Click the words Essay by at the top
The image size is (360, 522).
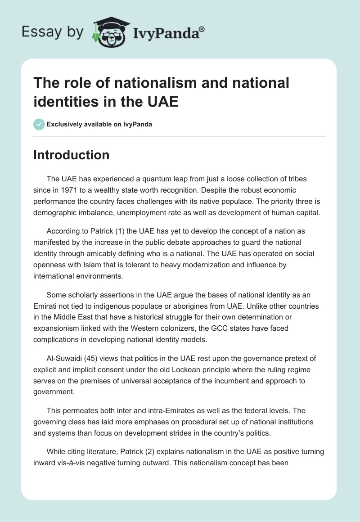(53, 32)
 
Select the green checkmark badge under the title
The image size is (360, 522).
(39, 124)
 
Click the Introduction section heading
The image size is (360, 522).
(72, 155)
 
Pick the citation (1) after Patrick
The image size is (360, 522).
(121, 231)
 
